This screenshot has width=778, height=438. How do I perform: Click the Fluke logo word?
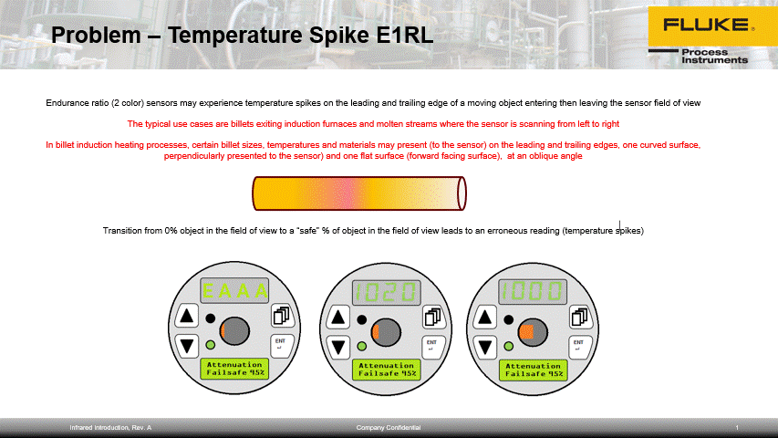pyautogui.click(x=707, y=25)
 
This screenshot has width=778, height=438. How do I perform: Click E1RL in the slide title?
pyautogui.click(x=405, y=36)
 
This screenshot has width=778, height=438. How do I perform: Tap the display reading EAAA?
pyautogui.click(x=234, y=290)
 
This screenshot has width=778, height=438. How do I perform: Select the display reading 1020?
pyautogui.click(x=387, y=292)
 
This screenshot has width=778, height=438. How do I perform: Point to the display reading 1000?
pyautogui.click(x=533, y=291)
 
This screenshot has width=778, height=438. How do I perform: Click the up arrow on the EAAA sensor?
pyautogui.click(x=187, y=316)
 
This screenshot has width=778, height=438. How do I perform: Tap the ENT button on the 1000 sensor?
pyautogui.click(x=579, y=346)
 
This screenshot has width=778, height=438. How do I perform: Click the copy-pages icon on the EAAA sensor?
pyautogui.click(x=282, y=316)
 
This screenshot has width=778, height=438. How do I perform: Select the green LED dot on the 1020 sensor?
pyautogui.click(x=362, y=346)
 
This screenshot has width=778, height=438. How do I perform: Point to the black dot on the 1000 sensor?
pyautogui.click(x=509, y=320)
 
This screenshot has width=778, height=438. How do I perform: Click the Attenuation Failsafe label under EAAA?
pyautogui.click(x=234, y=369)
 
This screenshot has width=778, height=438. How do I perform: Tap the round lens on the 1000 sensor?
pyautogui.click(x=533, y=332)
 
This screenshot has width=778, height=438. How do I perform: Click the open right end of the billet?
pyautogui.click(x=462, y=193)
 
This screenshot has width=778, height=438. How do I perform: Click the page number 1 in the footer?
pyautogui.click(x=737, y=428)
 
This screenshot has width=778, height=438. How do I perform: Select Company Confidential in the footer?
pyautogui.click(x=388, y=428)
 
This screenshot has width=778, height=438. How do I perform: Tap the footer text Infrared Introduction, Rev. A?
pyautogui.click(x=110, y=428)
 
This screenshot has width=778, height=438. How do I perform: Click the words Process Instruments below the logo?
pyautogui.click(x=714, y=56)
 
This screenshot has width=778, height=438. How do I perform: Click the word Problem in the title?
pyautogui.click(x=96, y=36)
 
